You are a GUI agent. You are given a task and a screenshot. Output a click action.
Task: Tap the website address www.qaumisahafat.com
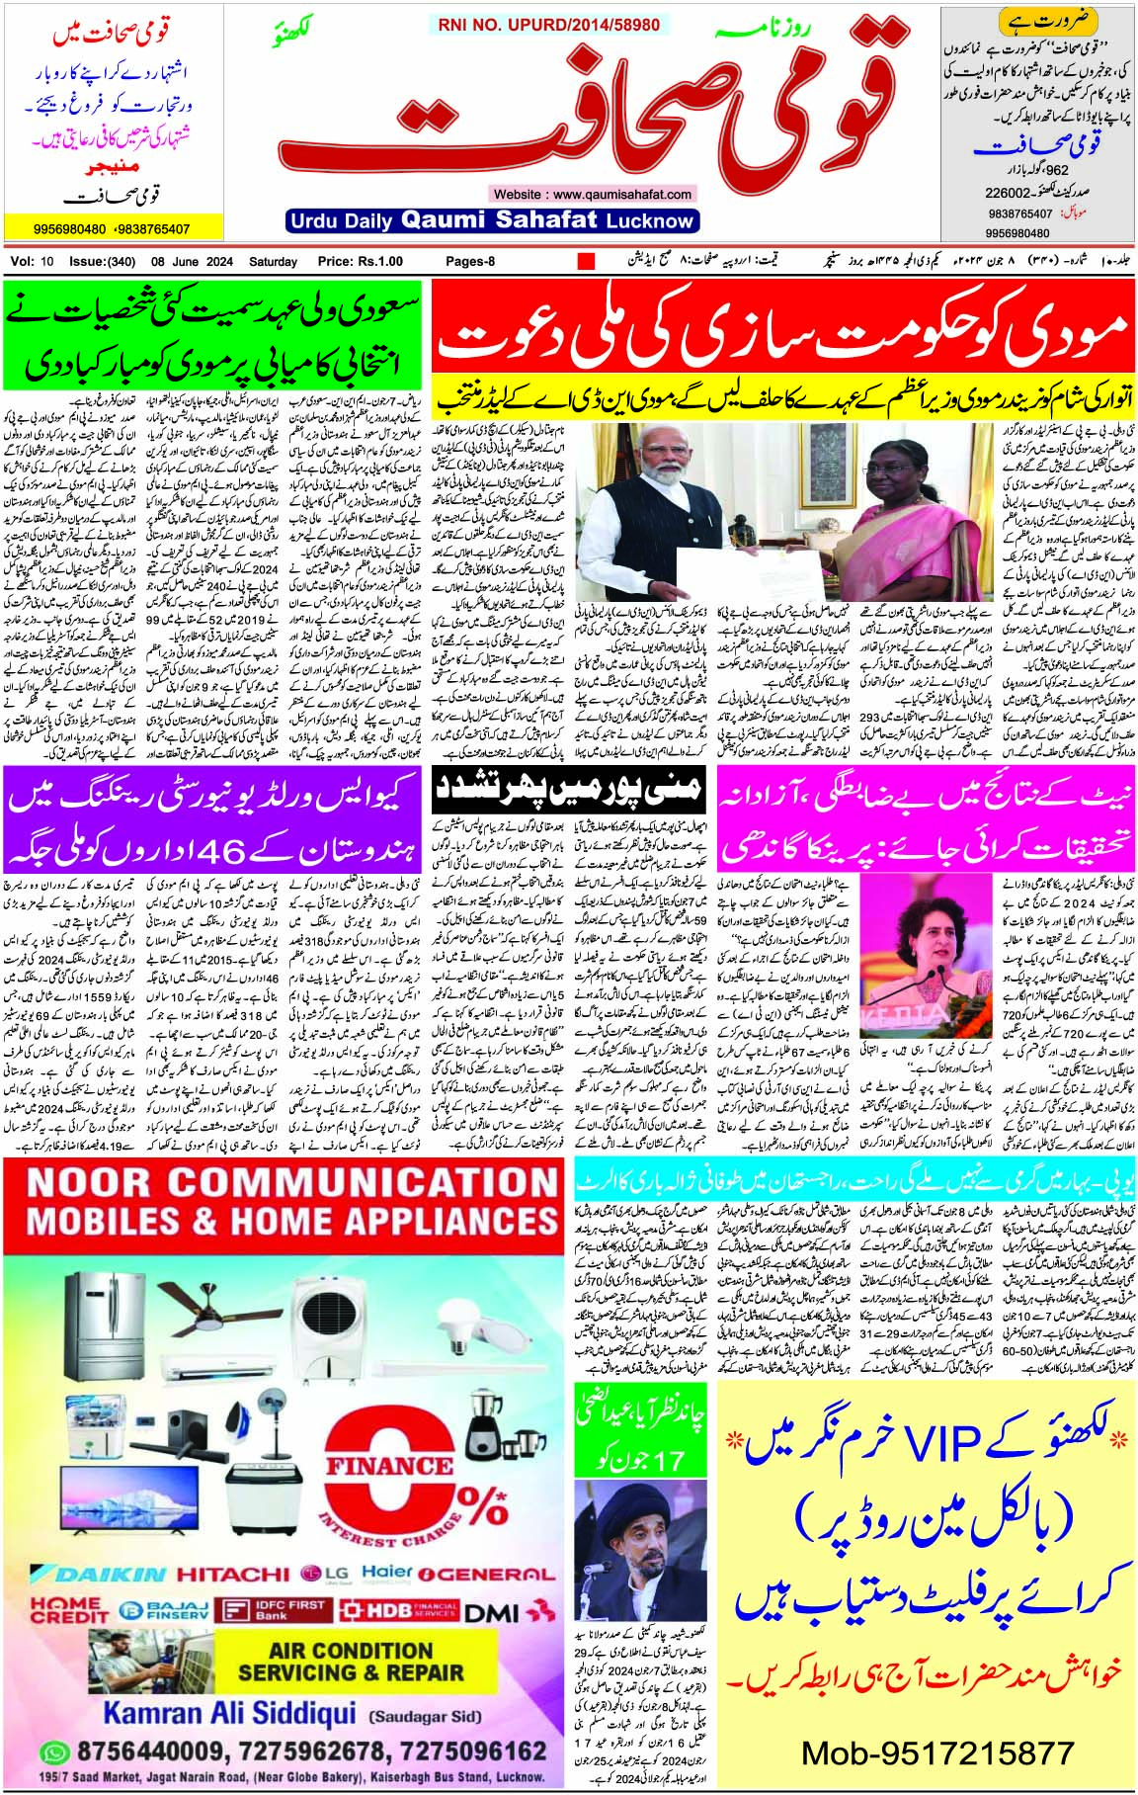[593, 195]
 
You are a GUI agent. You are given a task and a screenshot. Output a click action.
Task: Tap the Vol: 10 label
[34, 262]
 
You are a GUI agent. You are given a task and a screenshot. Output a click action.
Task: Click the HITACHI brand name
[233, 1574]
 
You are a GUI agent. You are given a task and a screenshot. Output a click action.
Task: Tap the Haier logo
[387, 1571]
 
